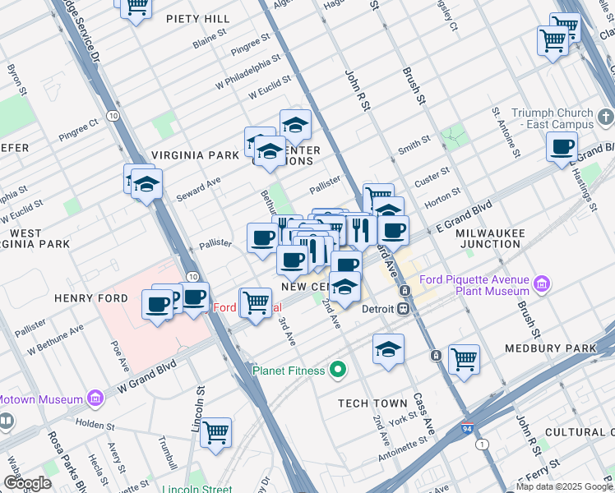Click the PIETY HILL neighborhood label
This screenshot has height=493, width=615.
[197, 18]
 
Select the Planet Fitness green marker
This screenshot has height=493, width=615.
[337, 371]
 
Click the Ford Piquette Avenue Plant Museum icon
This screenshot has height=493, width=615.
[542, 284]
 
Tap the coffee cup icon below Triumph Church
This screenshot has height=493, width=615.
[562, 147]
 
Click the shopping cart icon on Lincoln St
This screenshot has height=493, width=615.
[215, 431]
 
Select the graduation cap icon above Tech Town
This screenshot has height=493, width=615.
[388, 348]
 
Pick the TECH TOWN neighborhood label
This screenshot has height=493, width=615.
[372, 403]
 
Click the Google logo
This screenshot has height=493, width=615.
[27, 482]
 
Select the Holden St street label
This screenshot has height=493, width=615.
[93, 425]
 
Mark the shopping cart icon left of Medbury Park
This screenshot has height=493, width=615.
[464, 358]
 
